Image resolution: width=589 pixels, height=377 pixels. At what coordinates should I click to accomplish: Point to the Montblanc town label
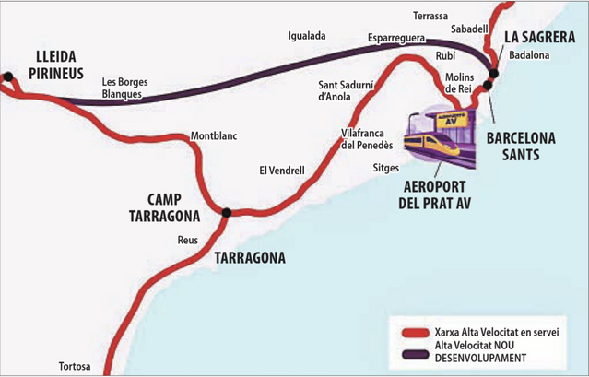click(214, 136)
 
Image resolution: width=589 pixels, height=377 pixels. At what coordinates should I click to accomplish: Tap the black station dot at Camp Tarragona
click(226, 213)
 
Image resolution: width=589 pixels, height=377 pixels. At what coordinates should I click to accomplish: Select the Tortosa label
click(77, 365)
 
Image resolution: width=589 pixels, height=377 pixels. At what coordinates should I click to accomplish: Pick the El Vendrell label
click(282, 171)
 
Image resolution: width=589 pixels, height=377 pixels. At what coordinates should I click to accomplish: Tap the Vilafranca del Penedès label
click(367, 139)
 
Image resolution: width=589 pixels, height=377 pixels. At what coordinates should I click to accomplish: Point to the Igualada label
click(307, 36)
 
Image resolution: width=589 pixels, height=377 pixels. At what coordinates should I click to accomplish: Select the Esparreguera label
click(395, 38)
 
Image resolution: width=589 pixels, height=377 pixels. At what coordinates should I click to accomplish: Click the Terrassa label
click(430, 16)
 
